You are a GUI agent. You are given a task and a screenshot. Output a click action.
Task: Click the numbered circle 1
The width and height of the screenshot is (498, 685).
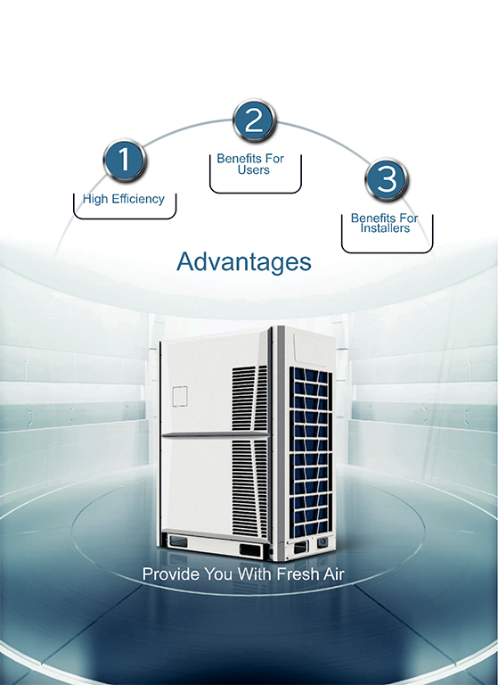pyautogui.click(x=125, y=160)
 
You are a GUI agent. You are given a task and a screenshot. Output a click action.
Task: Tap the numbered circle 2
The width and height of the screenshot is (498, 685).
pyautogui.click(x=255, y=120)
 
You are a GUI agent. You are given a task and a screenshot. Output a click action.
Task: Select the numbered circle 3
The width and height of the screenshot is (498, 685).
pyautogui.click(x=387, y=179)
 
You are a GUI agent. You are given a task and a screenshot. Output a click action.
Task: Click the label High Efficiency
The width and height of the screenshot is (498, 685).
pyautogui.click(x=124, y=199)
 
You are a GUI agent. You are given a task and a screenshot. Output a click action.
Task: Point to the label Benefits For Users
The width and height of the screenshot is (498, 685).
pyautogui.click(x=250, y=164)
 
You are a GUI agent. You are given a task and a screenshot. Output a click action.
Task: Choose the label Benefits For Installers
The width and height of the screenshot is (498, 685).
pyautogui.click(x=385, y=223)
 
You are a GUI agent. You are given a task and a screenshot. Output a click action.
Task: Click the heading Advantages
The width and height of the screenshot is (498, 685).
pyautogui.click(x=244, y=261)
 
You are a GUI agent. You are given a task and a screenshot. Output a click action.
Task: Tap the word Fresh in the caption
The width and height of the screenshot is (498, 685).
pyautogui.click(x=298, y=574)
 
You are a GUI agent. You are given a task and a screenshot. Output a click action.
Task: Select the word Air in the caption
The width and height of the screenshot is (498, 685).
pyautogui.click(x=334, y=574)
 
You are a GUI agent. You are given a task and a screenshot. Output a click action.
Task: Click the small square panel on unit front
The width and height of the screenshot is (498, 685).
pyautogui.click(x=180, y=396)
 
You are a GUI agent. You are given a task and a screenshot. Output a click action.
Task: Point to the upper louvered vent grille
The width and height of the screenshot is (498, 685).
pyautogui.click(x=249, y=398)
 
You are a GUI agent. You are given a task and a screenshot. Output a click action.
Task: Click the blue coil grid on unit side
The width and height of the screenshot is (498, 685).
pyautogui.click(x=311, y=452)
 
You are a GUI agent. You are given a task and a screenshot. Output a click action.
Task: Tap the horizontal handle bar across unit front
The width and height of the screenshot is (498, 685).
pyautogui.click(x=216, y=434)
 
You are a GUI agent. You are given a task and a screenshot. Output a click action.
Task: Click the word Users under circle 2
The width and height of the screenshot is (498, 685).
pyautogui.click(x=254, y=170)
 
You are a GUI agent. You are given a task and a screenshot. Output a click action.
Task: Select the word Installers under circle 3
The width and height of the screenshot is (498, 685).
pyautogui.click(x=385, y=228)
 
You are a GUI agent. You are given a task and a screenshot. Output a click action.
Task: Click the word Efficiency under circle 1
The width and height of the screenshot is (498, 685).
pyautogui.click(x=138, y=199)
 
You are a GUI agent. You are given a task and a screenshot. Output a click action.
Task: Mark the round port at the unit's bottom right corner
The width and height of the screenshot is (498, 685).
pyautogui.click(x=322, y=542)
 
